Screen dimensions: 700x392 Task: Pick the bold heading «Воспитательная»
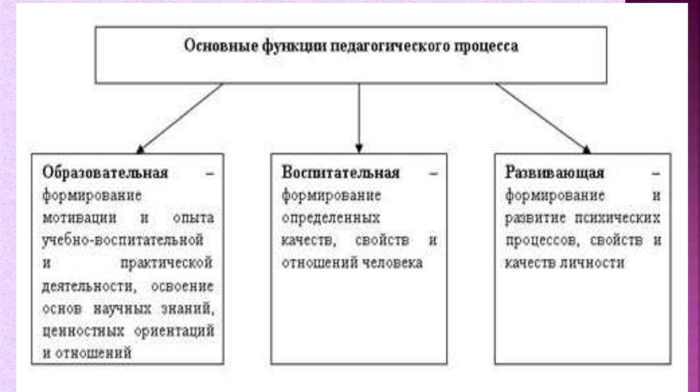click(340, 173)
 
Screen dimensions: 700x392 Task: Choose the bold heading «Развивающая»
click(555, 173)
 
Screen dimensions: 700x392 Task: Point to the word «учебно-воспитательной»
click(122, 240)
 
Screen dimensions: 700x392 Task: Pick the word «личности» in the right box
click(592, 263)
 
